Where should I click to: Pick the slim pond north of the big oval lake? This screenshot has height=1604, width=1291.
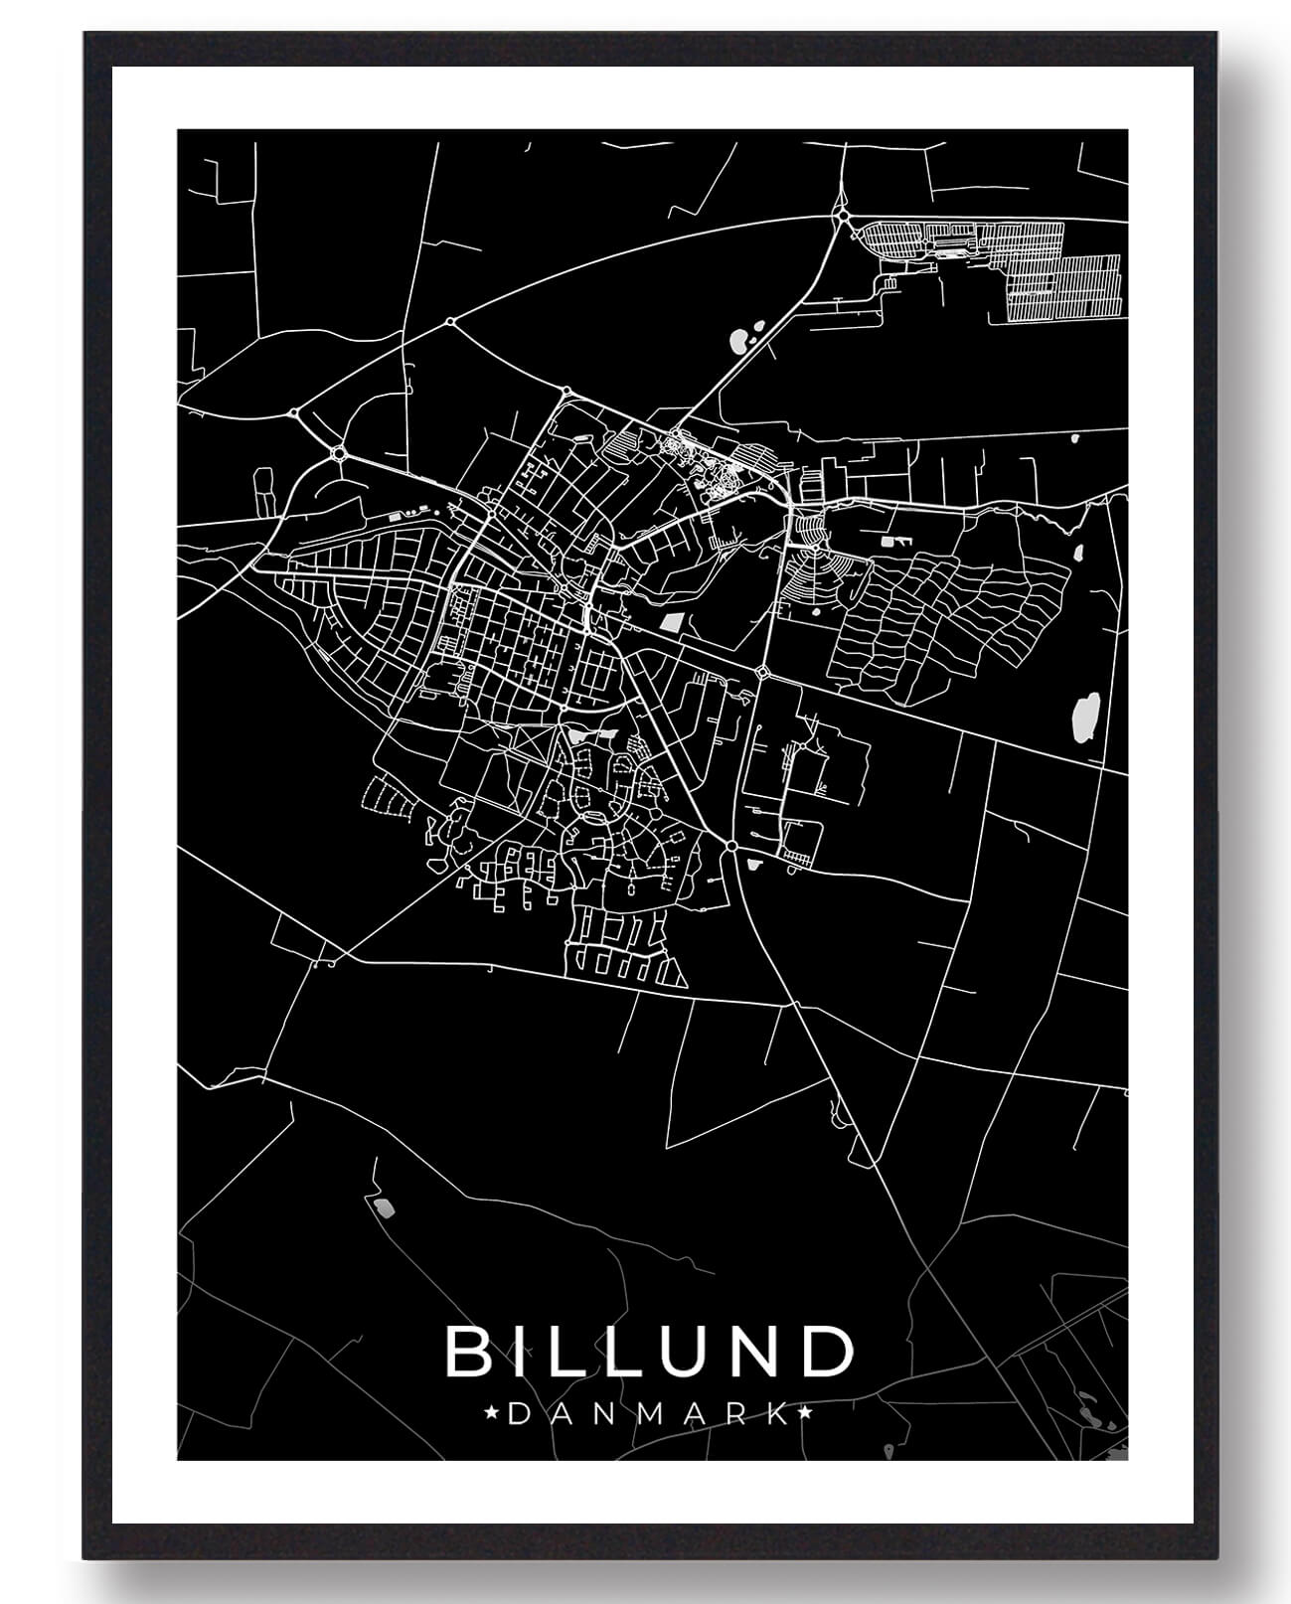coord(1076,553)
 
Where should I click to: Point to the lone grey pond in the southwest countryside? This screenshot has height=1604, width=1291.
coord(383,1207)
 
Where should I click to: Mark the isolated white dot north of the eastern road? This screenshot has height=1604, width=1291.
coord(1074,436)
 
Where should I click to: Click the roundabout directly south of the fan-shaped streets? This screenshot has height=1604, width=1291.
coord(762,673)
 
